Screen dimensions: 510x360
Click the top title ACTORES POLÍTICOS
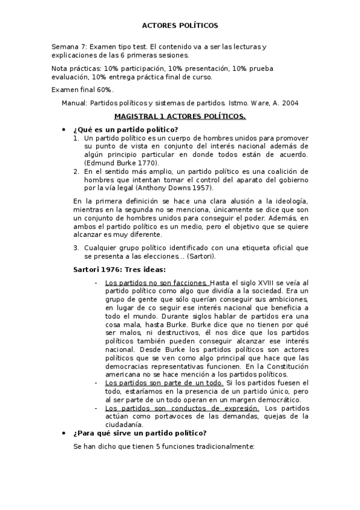tap(180, 26)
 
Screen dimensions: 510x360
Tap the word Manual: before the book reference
tap(75, 103)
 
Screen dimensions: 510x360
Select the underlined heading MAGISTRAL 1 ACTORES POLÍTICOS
tap(180, 115)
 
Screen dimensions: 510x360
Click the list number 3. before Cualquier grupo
tap(76, 247)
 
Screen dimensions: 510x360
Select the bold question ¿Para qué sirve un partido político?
tap(139, 433)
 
